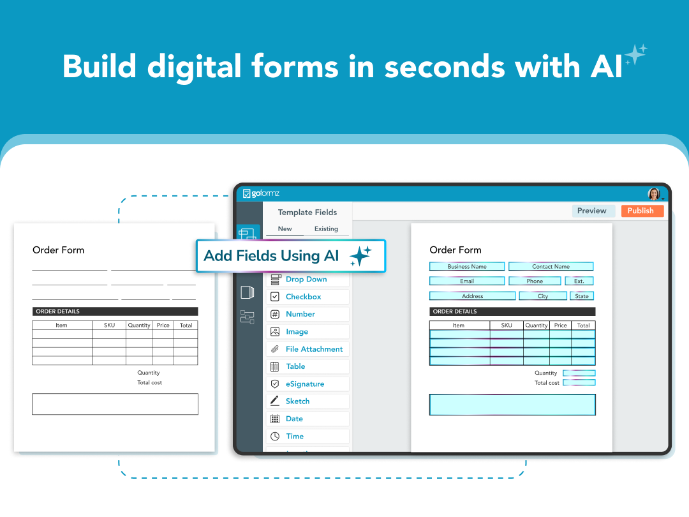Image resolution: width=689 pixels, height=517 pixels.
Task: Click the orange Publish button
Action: (640, 211)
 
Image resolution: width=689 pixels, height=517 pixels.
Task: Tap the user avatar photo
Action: (654, 193)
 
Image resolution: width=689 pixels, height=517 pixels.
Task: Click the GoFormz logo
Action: (262, 193)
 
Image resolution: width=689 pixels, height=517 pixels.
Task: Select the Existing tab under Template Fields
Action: (326, 229)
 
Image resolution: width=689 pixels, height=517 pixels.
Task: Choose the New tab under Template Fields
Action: (285, 229)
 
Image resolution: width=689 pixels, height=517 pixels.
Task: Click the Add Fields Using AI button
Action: (290, 256)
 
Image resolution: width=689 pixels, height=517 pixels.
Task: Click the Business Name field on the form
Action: (467, 267)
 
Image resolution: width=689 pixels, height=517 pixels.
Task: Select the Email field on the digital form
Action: (467, 281)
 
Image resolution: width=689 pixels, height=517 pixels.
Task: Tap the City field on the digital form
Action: (543, 296)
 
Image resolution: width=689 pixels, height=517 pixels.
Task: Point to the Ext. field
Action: (579, 281)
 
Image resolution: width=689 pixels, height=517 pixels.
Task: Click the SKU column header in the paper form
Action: (109, 325)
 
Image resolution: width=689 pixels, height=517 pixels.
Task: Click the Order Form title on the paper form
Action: (59, 250)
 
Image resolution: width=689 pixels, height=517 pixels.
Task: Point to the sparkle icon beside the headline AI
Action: (635, 56)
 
